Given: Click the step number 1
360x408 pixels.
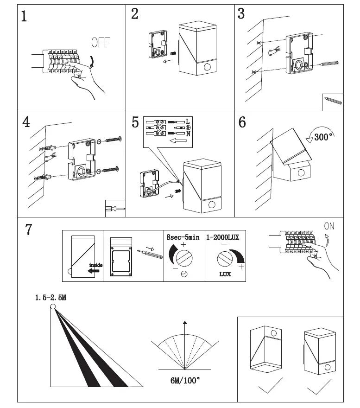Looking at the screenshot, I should click(x=24, y=17).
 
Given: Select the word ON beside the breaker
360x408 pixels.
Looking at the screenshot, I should click(x=329, y=226).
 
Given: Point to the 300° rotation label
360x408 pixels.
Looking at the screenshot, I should click(x=323, y=137).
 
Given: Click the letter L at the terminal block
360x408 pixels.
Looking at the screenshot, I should click(x=188, y=121).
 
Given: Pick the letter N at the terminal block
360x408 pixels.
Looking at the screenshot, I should click(x=188, y=134).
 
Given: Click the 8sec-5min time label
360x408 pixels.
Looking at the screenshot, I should click(x=183, y=237).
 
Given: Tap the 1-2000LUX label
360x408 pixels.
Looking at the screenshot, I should click(x=223, y=237).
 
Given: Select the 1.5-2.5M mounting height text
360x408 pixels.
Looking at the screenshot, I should click(x=51, y=297).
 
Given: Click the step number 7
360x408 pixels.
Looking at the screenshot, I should click(x=29, y=229).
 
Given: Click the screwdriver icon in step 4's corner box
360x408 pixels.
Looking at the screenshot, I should click(x=115, y=209).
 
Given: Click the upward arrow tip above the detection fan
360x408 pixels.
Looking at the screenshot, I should click(x=185, y=323).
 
